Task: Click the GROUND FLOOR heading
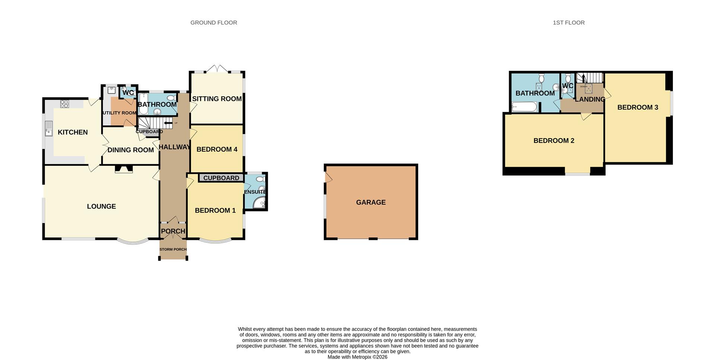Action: point(213,23)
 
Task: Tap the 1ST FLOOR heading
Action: point(568,23)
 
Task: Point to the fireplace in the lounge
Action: point(124,169)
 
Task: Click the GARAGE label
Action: point(371,203)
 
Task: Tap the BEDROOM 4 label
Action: point(217,150)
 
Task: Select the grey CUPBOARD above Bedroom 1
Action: point(221,178)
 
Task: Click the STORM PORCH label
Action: point(173,249)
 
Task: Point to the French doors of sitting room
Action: point(217,69)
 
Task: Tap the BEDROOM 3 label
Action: point(638,108)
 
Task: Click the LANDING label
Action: point(590,99)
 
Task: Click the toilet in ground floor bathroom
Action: point(171,98)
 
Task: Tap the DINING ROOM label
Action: point(130,150)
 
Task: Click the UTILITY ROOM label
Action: point(119,113)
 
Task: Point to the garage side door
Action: point(328,178)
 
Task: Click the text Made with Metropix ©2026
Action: point(357,357)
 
